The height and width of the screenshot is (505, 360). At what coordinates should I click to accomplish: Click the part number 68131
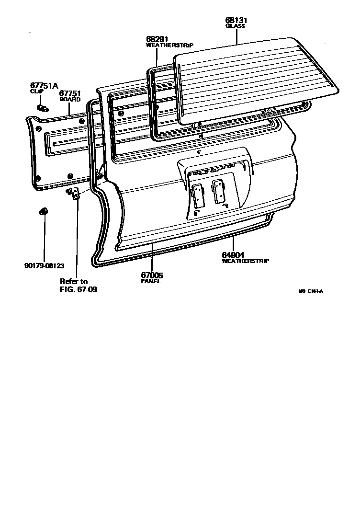pyautogui.click(x=236, y=21)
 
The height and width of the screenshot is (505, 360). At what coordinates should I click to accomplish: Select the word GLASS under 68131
pyautogui.click(x=235, y=27)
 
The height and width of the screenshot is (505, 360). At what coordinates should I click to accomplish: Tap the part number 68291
pyautogui.click(x=157, y=39)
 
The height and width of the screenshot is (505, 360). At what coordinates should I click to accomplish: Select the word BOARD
pyautogui.click(x=70, y=100)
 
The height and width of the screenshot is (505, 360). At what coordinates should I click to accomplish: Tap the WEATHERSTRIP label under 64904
pyautogui.click(x=245, y=261)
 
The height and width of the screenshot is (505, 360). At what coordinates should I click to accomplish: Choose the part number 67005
pyautogui.click(x=152, y=275)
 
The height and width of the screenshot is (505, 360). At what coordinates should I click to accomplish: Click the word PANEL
pyautogui.click(x=150, y=281)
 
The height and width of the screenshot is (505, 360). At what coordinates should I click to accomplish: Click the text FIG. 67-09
pyautogui.click(x=79, y=290)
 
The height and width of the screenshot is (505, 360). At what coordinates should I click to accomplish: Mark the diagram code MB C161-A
pyautogui.click(x=311, y=291)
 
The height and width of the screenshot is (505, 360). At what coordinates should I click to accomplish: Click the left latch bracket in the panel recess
pyautogui.click(x=197, y=196)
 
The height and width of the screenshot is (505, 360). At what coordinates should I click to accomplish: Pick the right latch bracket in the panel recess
pyautogui.click(x=220, y=191)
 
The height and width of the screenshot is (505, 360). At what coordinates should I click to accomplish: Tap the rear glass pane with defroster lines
pyautogui.click(x=254, y=77)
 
